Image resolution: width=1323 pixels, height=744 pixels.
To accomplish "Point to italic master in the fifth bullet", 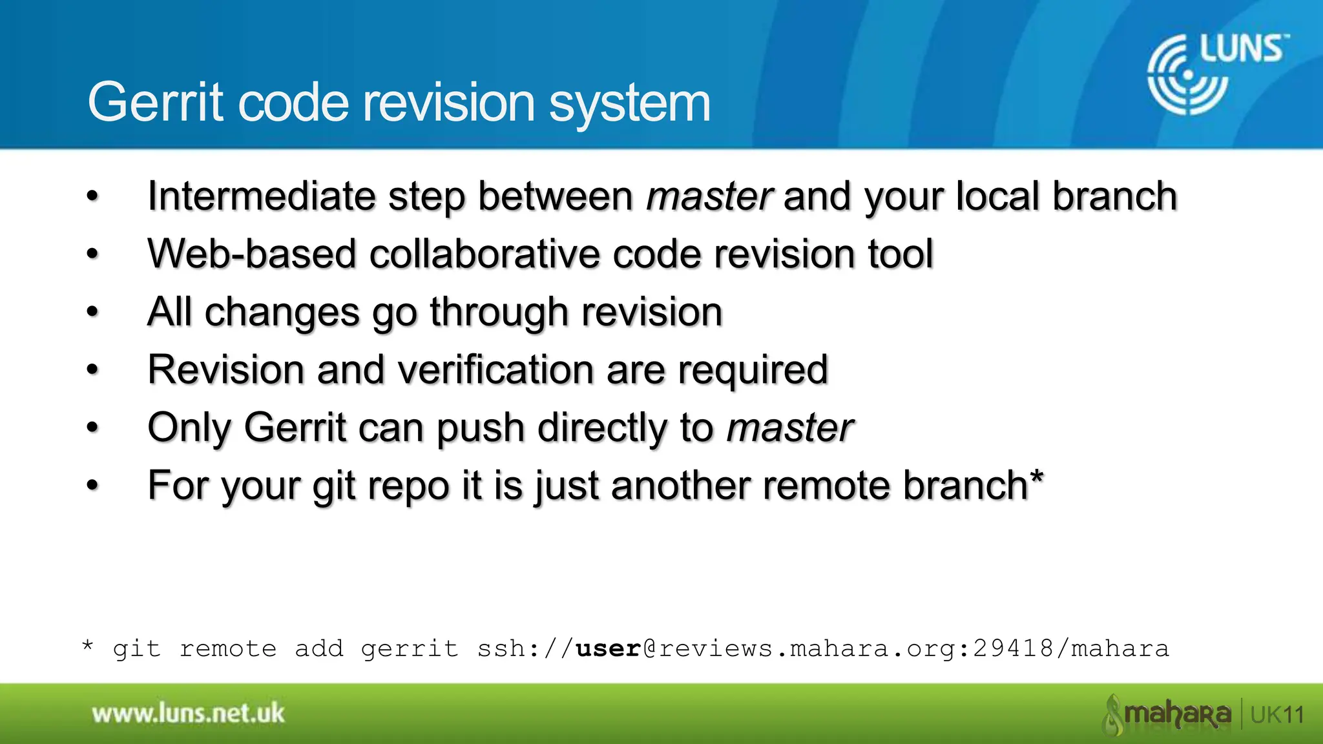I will pyautogui.click(x=789, y=428).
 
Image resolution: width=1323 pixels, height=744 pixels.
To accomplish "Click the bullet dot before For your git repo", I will pyautogui.click(x=93, y=485).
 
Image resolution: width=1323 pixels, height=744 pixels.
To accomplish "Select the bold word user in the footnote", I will pyautogui.click(x=608, y=648).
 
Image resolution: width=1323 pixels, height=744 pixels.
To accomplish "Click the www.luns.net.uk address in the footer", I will pyautogui.click(x=188, y=714).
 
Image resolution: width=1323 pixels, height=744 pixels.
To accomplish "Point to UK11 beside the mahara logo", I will pyautogui.click(x=1277, y=715).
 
